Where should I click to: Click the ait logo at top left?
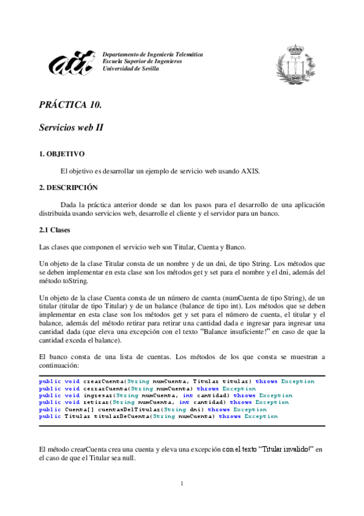pos(72,63)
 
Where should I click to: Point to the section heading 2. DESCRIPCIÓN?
pos(68,187)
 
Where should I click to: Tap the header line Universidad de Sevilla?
pos(131,69)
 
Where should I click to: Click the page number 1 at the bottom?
pos(182,483)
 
